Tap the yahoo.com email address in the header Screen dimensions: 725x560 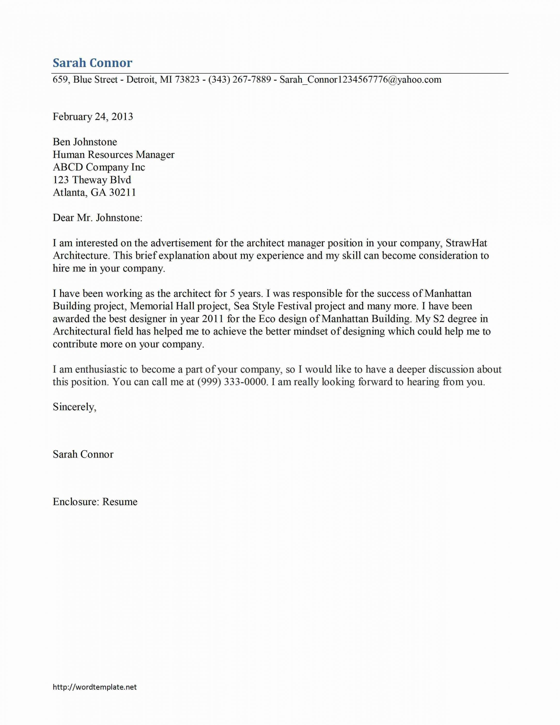(x=360, y=80)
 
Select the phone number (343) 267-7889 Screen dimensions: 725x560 (x=239, y=80)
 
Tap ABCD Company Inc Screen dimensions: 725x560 (x=99, y=167)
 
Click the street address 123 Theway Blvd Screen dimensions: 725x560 (x=92, y=180)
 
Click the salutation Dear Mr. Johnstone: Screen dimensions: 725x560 (x=98, y=218)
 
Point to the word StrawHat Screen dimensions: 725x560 (x=466, y=243)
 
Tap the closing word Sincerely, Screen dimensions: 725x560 (x=74, y=407)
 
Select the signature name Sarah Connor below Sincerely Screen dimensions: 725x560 (x=83, y=454)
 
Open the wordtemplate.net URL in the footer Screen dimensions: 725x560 (x=95, y=687)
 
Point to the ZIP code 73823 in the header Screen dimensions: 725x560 (x=187, y=80)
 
